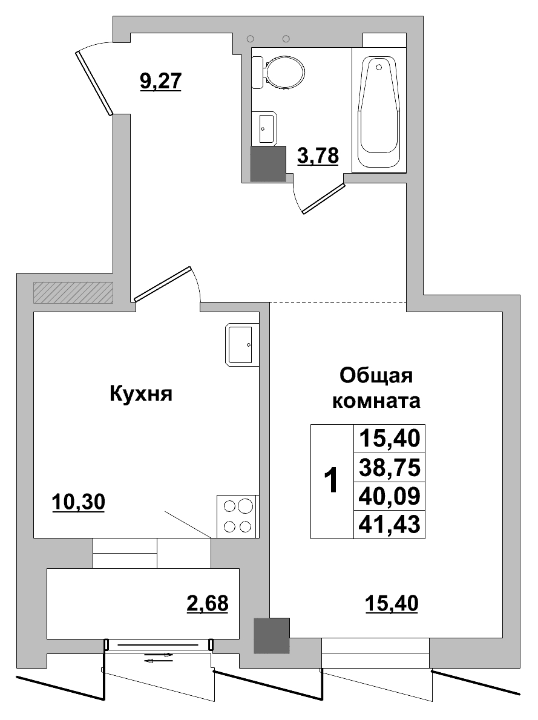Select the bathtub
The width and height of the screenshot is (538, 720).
click(x=379, y=112)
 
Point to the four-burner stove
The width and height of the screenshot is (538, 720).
click(x=238, y=516)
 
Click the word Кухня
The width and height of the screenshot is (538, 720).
click(x=141, y=394)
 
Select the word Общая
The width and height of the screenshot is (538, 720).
click(x=376, y=376)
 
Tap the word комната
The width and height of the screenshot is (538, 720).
click(x=377, y=401)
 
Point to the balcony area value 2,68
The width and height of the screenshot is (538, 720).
click(x=207, y=603)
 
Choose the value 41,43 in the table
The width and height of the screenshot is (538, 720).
click(x=389, y=524)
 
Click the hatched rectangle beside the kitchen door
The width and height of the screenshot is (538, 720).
click(x=73, y=292)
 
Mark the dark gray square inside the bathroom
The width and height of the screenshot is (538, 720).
click(x=268, y=163)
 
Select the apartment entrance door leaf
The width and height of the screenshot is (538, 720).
click(x=94, y=83)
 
